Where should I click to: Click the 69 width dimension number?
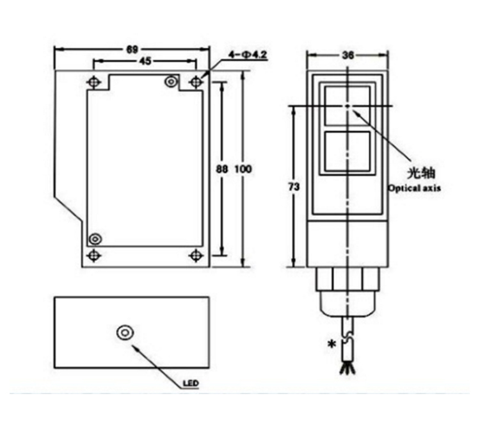click(132, 49)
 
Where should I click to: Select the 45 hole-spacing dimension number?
click(145, 62)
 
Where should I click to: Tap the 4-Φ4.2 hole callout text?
click(248, 55)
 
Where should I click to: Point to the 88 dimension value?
click(222, 169)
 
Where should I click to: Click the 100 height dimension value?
click(243, 169)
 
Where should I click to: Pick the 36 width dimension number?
click(348, 55)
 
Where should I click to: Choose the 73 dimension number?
click(294, 186)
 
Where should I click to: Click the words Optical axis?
click(415, 188)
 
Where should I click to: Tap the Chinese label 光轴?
click(421, 173)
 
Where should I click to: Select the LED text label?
click(191, 383)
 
